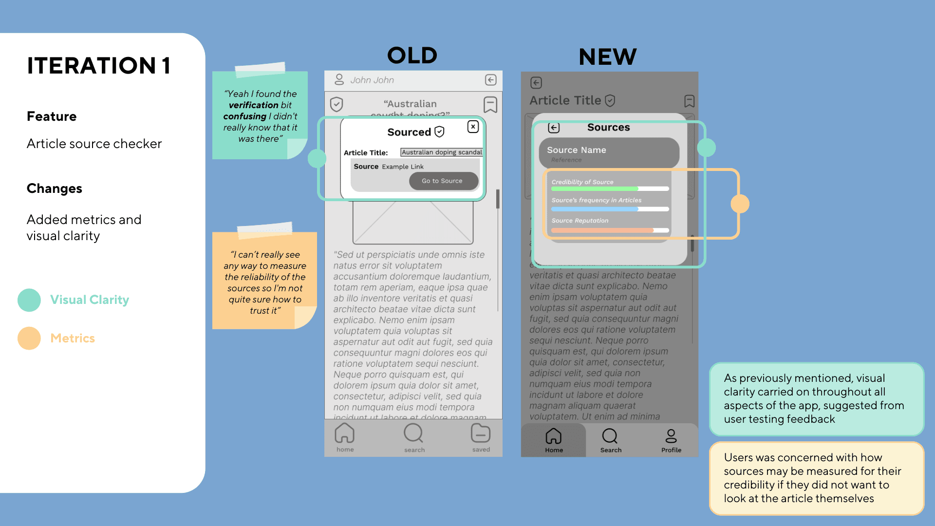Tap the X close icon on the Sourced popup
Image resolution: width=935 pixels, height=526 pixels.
tap(473, 127)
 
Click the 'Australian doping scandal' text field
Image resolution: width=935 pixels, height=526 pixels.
tap(441, 152)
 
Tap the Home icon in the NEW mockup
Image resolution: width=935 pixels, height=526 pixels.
tap(554, 436)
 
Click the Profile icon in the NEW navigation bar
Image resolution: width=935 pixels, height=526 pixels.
tap(671, 436)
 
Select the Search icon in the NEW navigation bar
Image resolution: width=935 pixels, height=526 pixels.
tap(610, 436)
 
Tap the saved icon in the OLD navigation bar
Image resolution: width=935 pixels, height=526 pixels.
tap(481, 433)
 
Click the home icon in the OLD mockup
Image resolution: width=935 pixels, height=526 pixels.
tap(345, 433)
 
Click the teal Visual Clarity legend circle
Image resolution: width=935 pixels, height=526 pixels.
tap(29, 300)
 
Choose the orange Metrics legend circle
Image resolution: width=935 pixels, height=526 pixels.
tap(29, 338)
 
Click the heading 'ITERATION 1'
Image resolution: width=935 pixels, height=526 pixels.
tap(99, 66)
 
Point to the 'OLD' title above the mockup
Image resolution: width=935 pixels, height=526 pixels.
tap(412, 56)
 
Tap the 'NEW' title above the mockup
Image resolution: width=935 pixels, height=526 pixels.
tap(608, 57)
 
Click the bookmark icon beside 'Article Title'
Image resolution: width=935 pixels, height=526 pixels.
tap(689, 101)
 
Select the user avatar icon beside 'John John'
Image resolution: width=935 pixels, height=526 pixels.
tap(339, 79)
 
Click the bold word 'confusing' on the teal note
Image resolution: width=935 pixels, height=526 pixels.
tap(245, 116)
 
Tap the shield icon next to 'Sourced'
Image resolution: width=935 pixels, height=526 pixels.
tap(439, 131)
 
